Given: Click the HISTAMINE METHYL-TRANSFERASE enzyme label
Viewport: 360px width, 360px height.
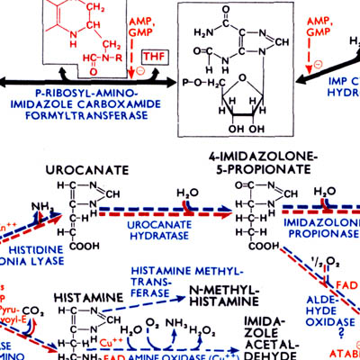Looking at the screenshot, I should pyautogui.click(x=185, y=278).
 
